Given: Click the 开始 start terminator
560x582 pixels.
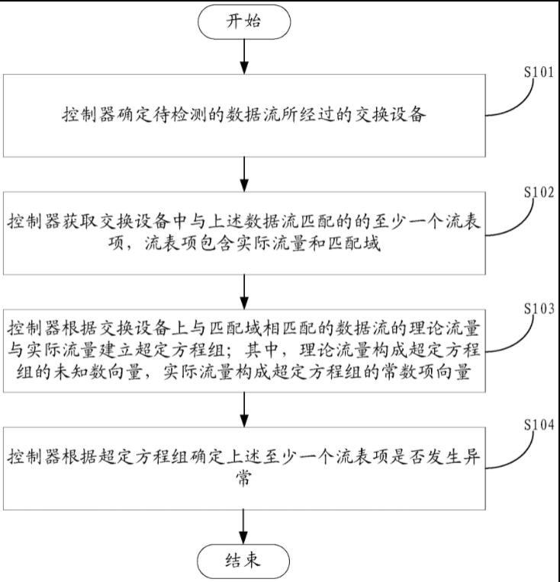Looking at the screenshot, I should tap(243, 22).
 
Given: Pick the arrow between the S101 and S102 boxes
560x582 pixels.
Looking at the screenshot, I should tap(243, 173).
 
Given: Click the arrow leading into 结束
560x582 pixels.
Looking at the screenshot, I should tap(243, 525).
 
